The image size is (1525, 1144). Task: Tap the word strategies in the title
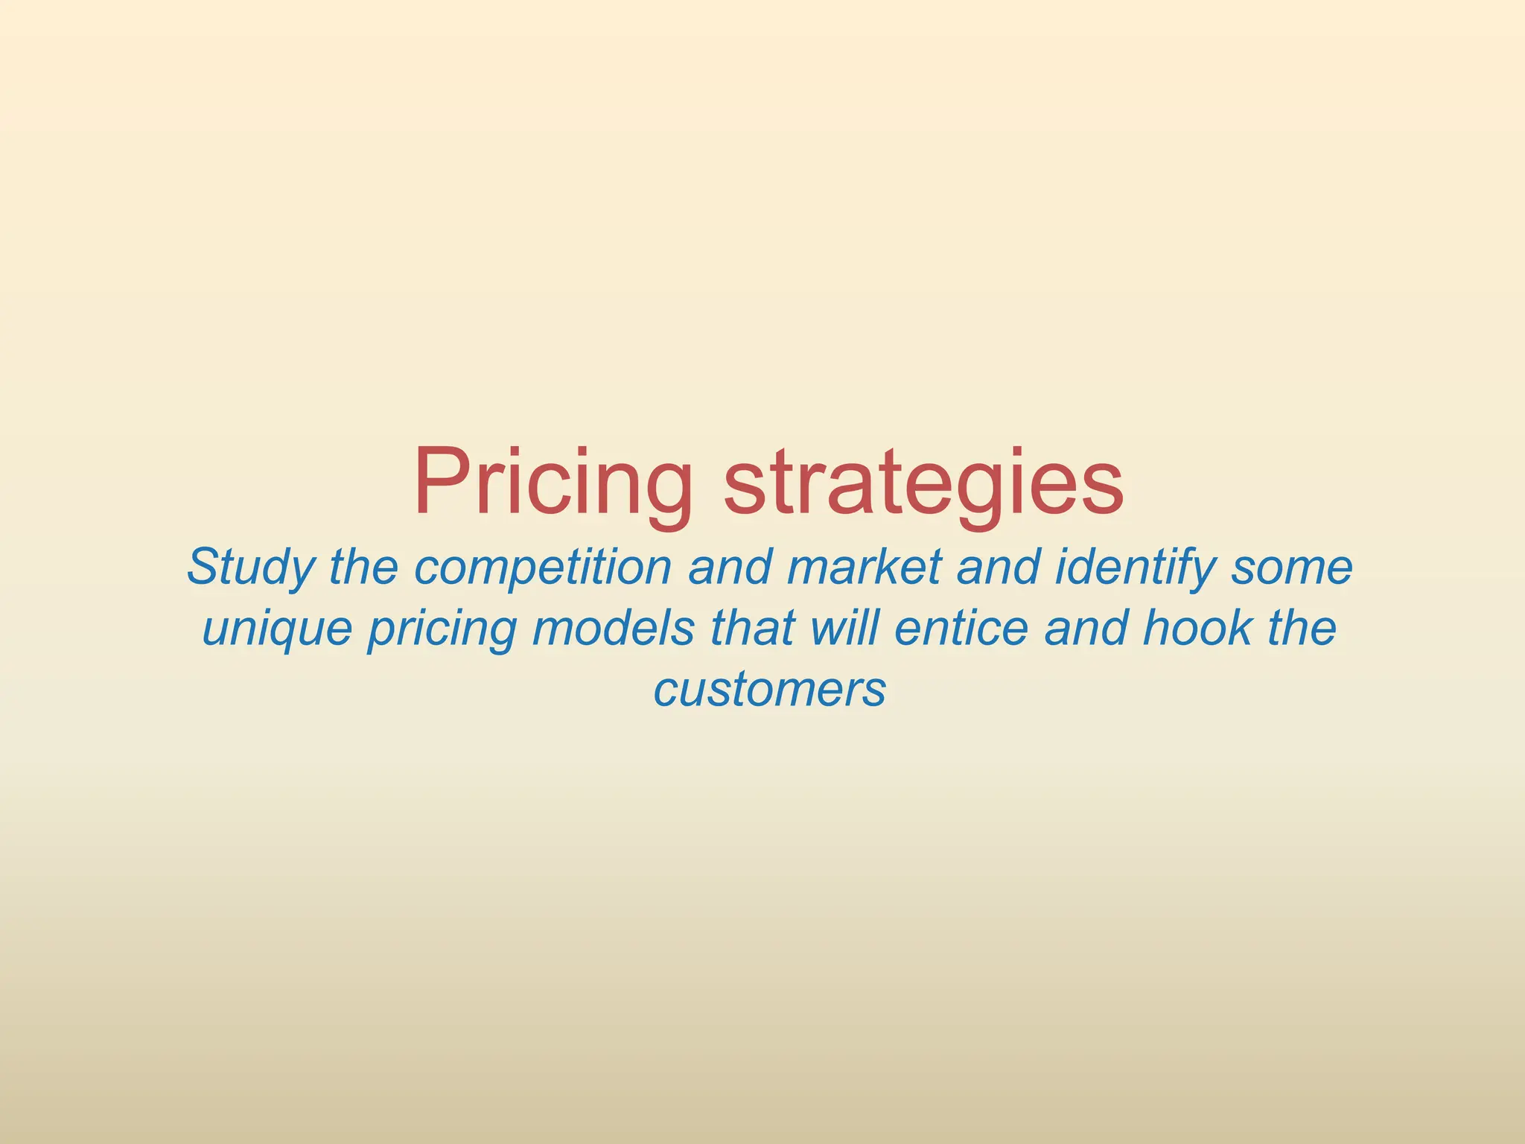coord(923,483)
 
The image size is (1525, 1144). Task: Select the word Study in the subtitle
coord(251,568)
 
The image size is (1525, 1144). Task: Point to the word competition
coord(542,568)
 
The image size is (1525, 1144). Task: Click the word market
coord(864,568)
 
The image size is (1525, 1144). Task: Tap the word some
coord(1292,568)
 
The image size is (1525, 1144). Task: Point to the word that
coord(752,628)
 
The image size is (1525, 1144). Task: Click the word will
coord(844,628)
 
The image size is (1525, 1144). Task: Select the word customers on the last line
coord(769,690)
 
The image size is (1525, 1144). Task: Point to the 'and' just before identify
coord(999,568)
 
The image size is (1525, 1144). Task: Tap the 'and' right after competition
coord(730,568)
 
